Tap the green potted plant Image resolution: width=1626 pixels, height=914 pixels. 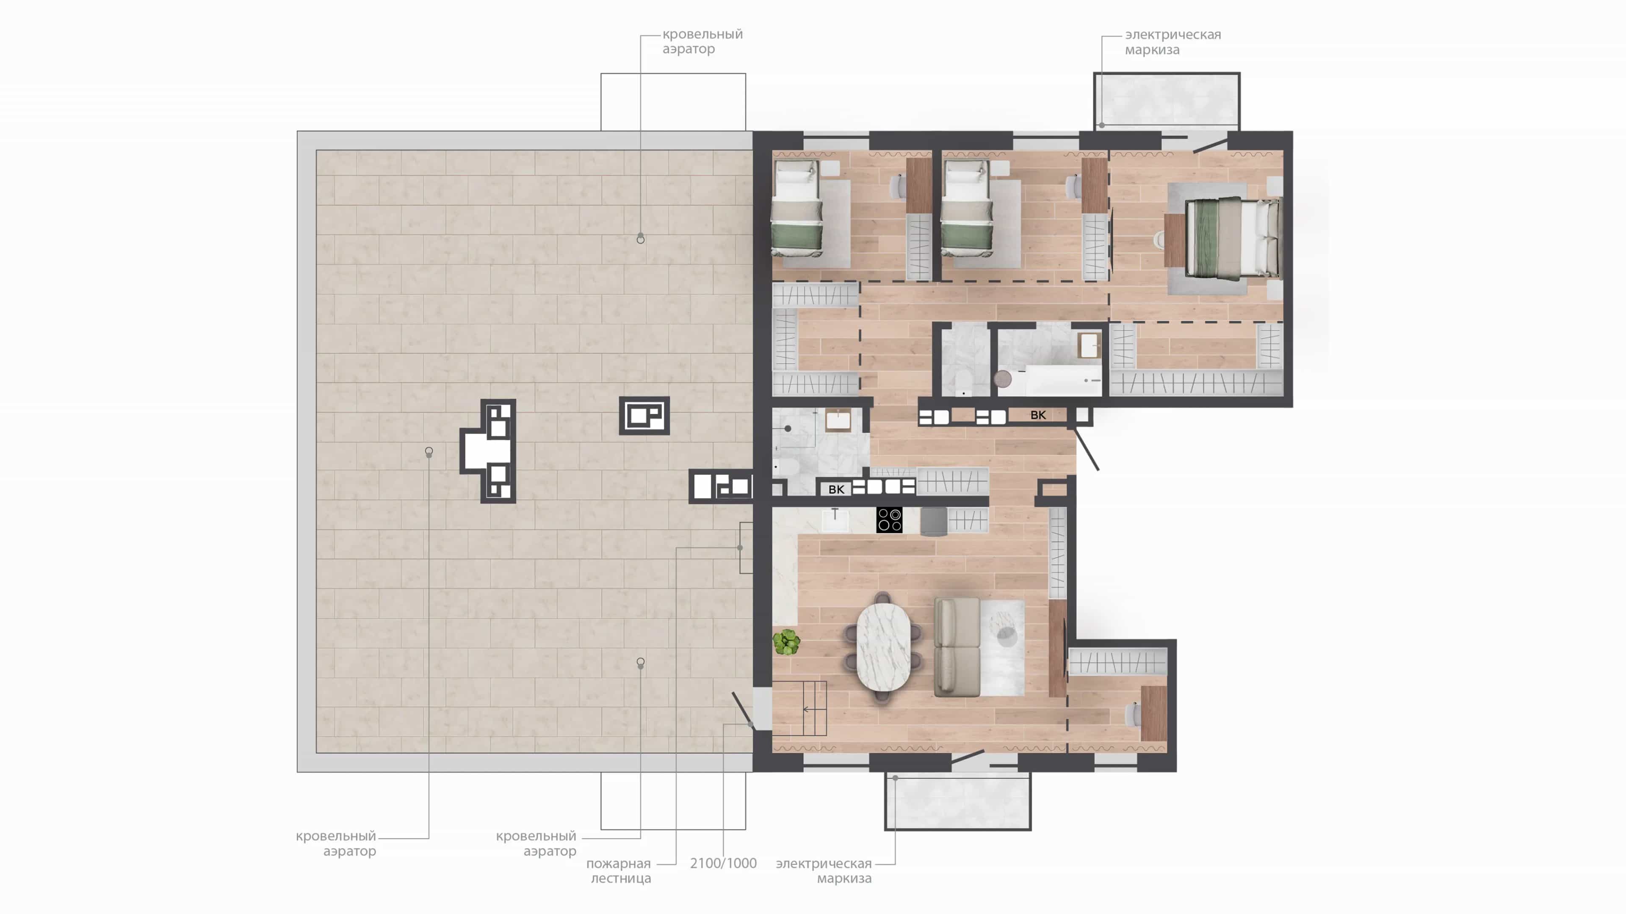tap(786, 642)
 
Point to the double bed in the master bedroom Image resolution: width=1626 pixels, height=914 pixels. tap(1233, 238)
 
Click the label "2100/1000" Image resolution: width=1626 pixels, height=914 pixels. tap(723, 863)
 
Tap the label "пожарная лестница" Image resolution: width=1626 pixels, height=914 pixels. tap(619, 870)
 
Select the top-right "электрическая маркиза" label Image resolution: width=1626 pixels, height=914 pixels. tap(1173, 41)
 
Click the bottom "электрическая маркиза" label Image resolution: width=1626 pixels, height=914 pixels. tap(824, 870)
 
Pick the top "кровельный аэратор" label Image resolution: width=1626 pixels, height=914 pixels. tap(702, 41)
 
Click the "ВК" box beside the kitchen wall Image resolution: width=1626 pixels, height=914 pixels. tap(836, 489)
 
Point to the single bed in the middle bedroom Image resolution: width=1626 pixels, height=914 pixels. tap(966, 208)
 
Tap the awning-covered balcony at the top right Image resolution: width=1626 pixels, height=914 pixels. tap(1167, 101)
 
